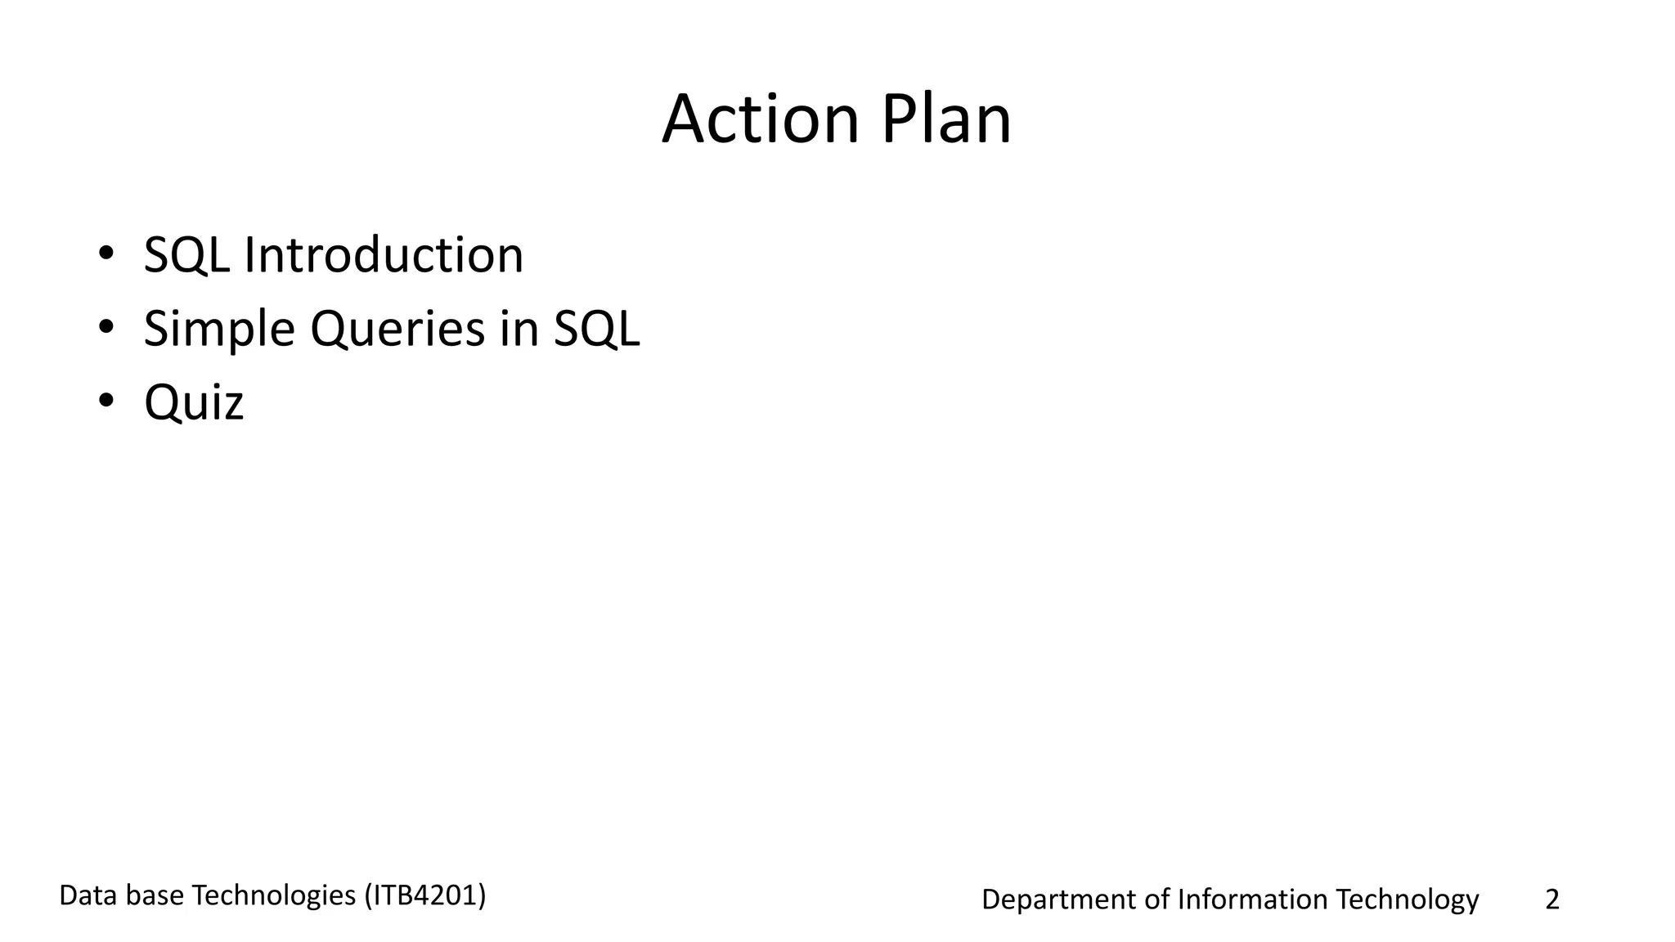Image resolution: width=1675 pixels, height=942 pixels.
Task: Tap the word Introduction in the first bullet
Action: [383, 254]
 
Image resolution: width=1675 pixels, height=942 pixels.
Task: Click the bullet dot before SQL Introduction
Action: [106, 253]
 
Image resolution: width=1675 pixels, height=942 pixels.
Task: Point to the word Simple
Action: [218, 329]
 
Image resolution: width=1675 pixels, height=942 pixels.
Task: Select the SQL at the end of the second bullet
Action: [596, 329]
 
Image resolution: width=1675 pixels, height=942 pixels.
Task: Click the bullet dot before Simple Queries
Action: [106, 327]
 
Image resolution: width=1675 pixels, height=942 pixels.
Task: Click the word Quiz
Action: [194, 402]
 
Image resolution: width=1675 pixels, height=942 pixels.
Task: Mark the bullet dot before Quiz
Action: [106, 401]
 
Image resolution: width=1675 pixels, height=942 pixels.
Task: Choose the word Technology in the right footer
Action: [1407, 899]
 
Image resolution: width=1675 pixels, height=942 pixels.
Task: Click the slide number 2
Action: [1552, 899]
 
